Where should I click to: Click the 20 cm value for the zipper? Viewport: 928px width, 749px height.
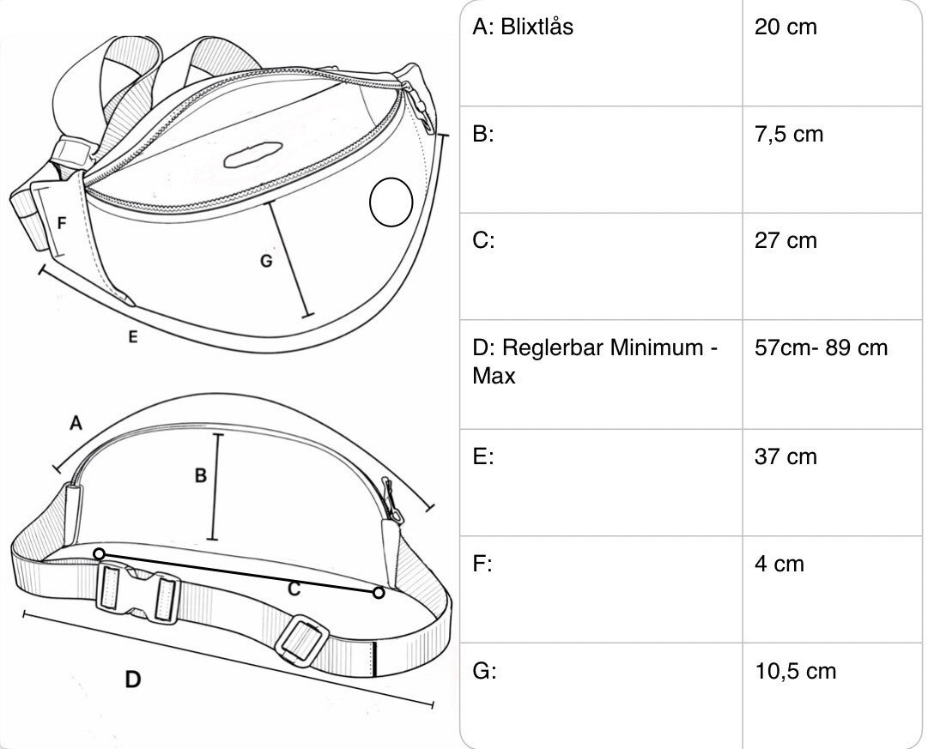785,27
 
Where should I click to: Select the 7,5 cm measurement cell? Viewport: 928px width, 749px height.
789,135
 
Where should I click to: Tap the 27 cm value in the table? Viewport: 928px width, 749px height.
785,241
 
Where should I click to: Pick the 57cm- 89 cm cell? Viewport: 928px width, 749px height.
821,347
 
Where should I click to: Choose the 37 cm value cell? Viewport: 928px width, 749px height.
785,456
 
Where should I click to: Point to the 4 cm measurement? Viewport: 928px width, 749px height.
779,564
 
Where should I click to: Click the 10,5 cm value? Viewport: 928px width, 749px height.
796,672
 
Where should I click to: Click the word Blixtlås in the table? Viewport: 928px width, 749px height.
537,27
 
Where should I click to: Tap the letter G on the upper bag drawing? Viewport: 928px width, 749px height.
266,260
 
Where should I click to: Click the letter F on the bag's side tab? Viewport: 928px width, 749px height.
62,223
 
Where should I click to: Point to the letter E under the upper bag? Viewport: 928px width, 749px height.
133,336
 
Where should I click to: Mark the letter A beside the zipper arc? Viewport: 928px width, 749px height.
76,423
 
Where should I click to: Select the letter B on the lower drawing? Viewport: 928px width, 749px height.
201,475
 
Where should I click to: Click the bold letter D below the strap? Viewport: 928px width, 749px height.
133,680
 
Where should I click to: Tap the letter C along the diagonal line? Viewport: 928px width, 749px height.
294,589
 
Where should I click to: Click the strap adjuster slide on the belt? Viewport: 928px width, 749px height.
302,641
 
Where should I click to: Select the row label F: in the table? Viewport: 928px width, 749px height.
482,564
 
